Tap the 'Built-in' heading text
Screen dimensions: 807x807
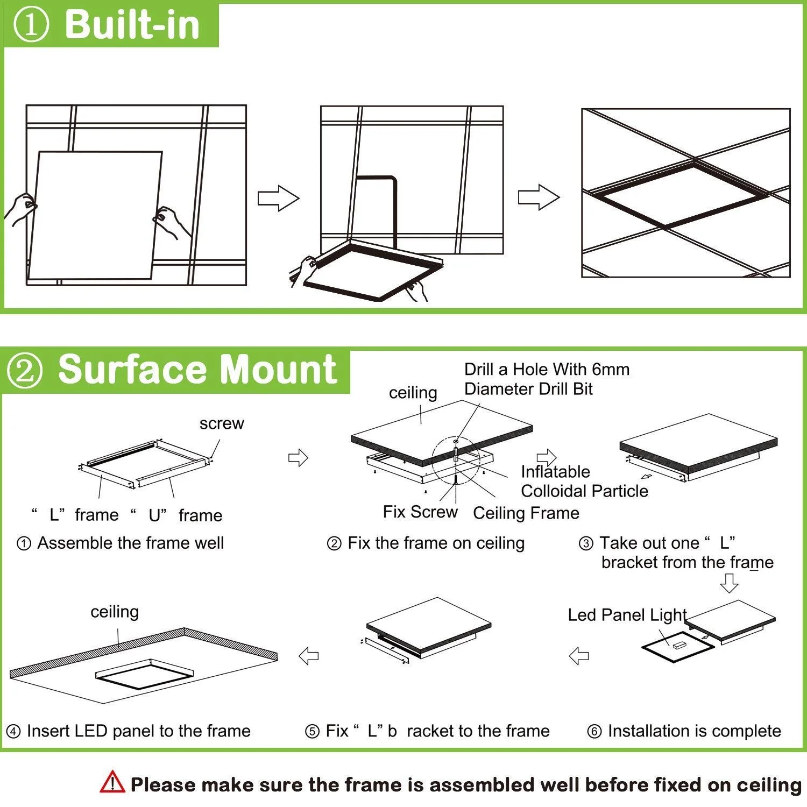[132, 24]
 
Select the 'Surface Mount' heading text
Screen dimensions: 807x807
[197, 370]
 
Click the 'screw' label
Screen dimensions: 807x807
[222, 424]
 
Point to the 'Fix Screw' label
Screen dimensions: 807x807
[420, 512]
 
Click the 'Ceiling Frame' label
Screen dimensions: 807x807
[526, 513]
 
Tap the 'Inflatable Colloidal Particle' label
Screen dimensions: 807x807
[584, 482]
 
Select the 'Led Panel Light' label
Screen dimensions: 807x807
[627, 615]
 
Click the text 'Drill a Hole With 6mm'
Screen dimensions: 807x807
[547, 370]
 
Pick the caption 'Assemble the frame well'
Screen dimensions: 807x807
[130, 543]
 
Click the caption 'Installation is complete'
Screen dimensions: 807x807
[694, 731]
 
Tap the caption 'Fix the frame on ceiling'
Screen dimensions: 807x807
[436, 543]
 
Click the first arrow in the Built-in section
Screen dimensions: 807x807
[278, 199]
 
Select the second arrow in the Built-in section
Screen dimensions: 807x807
[539, 197]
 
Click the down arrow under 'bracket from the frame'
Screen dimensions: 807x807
[729, 583]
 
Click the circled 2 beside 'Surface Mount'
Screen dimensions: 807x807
[25, 371]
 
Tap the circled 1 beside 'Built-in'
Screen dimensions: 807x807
[31, 25]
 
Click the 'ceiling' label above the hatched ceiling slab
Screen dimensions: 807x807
[115, 612]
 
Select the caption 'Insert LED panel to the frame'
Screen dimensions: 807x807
[138, 731]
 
